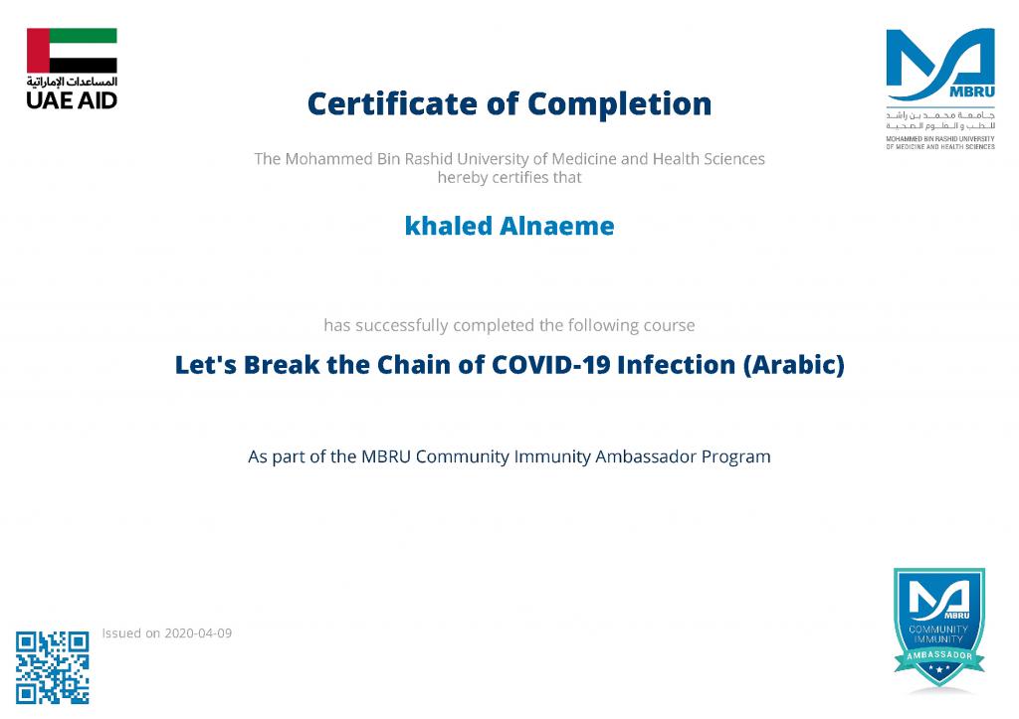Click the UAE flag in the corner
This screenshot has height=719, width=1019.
coord(72,51)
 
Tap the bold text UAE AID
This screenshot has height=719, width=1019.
coord(72,100)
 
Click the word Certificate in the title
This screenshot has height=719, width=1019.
coord(392,103)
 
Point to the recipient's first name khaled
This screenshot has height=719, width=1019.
coord(449,226)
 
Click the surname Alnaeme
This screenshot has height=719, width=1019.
coord(557,226)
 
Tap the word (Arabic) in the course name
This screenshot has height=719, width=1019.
coord(794,365)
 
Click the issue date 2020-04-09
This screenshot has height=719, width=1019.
coord(198,633)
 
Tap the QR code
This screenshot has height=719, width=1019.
coord(53,667)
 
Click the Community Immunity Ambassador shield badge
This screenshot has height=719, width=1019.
coord(939,629)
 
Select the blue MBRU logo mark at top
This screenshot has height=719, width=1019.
coord(940,64)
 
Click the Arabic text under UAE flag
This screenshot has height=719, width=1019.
coord(72,82)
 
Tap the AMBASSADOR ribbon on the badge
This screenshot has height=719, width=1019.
coord(939,656)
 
